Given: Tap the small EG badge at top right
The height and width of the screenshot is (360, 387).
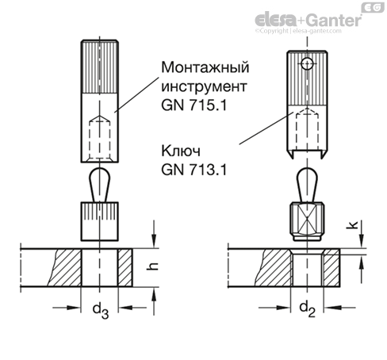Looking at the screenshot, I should (370, 6).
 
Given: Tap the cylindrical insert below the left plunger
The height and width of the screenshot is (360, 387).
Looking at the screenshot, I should (100, 221).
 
